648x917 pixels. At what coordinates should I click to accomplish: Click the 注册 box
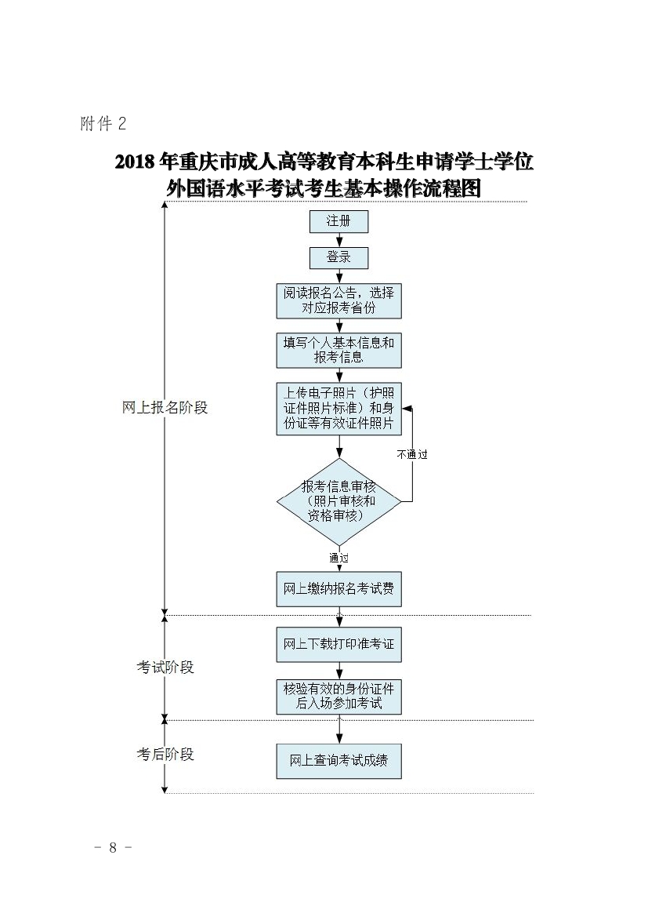338,221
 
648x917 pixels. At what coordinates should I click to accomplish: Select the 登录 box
338,257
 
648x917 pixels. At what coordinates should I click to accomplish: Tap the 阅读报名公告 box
338,300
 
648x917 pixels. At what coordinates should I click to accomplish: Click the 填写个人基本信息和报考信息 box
338,350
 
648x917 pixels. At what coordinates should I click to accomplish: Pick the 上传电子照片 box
338,408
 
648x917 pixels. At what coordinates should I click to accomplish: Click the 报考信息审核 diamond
338,501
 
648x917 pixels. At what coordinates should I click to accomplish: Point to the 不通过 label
412,454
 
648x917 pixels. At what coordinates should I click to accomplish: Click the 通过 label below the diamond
339,558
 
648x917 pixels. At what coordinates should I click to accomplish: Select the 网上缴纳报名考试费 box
338,588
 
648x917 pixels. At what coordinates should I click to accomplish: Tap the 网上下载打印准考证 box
338,645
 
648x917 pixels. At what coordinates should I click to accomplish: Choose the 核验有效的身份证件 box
338,696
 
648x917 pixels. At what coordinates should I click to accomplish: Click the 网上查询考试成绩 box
338,760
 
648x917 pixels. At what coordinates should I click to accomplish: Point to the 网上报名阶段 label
165,408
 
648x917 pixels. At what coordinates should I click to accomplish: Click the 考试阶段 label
165,668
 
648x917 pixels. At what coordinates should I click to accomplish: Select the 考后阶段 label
165,755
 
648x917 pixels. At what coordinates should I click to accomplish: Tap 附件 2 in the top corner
103,124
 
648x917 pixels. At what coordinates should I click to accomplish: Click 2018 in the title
135,162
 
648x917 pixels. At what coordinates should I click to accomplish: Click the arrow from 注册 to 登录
339,240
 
